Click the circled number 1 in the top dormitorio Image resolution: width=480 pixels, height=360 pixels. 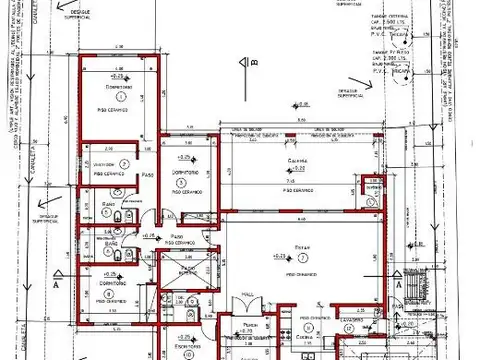click(120, 98)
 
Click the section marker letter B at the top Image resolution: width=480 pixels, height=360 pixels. click(254, 64)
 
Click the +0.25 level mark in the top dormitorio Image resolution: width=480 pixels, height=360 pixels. click(118, 76)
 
